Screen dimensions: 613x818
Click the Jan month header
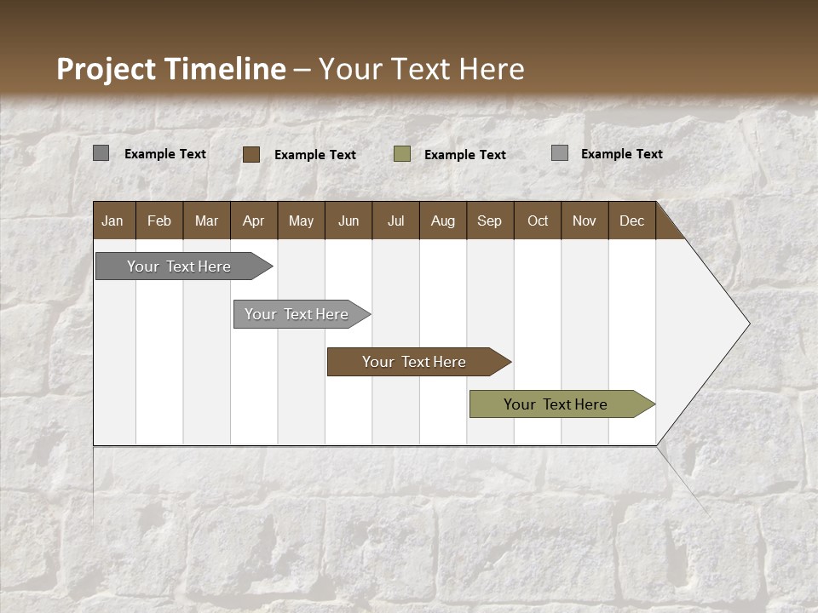tap(113, 221)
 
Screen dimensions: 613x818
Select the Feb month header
tap(159, 221)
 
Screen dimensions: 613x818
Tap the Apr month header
tap(254, 221)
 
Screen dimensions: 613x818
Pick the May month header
tap(301, 221)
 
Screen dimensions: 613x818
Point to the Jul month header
tap(395, 221)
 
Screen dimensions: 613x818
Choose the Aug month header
tap(443, 221)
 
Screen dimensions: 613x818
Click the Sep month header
tap(490, 221)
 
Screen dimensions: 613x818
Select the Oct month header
tap(538, 221)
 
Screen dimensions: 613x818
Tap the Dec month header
tap(632, 221)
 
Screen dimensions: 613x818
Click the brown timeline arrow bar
tap(415, 362)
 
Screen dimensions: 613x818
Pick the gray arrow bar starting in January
tap(180, 266)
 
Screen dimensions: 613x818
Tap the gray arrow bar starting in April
tap(297, 314)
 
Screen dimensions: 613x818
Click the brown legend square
tap(251, 154)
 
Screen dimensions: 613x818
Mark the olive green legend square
tap(402, 154)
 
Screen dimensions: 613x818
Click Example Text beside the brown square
tap(315, 155)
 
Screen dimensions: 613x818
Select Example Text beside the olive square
tap(465, 155)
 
